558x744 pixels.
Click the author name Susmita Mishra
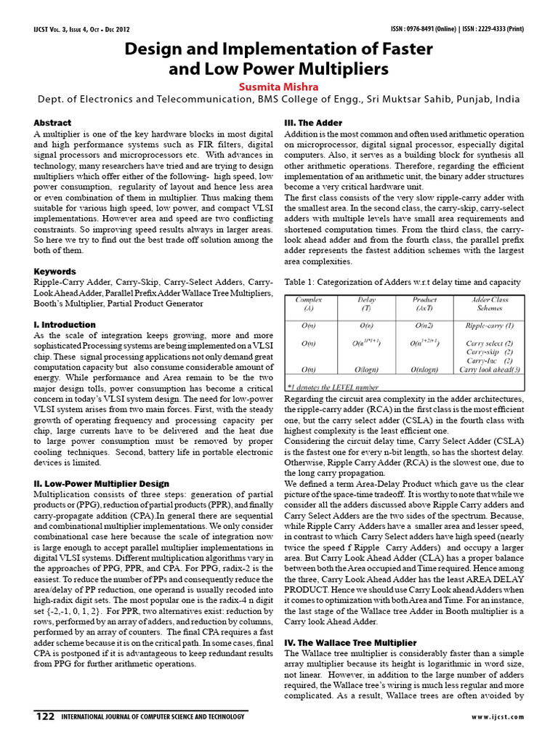[279, 85]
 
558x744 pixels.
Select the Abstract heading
[52, 123]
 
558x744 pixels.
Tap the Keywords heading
[55, 271]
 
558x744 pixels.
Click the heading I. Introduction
[65, 324]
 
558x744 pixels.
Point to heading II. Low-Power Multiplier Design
[102, 483]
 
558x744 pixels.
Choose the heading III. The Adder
[313, 123]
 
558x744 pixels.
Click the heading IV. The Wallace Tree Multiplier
[350, 643]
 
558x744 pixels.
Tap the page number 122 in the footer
[45, 716]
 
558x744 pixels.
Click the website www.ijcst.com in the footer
[497, 717]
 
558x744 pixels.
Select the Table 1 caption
[402, 281]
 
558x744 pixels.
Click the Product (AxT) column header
[424, 303]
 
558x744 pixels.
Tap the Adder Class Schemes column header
[490, 303]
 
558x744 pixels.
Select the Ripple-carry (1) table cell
[490, 325]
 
